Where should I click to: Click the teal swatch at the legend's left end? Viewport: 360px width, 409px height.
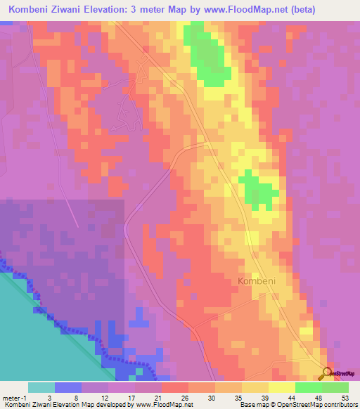(x=41, y=387)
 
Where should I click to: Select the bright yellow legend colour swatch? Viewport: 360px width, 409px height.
(x=281, y=387)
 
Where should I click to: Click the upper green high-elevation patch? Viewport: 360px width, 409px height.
(x=208, y=56)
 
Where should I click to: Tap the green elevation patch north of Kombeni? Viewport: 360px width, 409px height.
(x=257, y=189)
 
